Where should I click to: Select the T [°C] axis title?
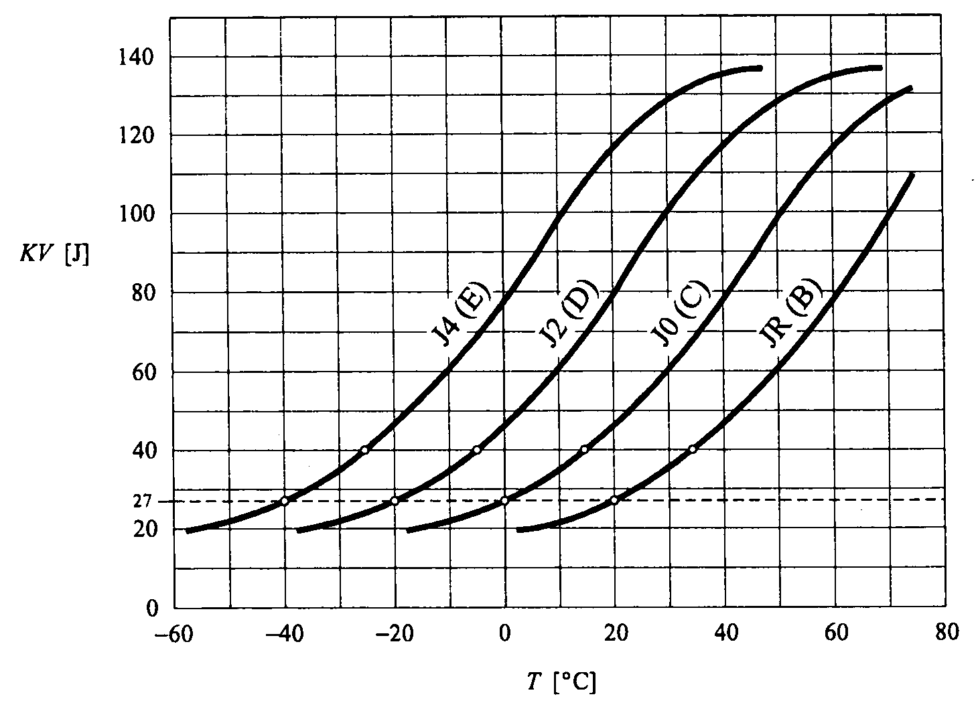click(x=561, y=682)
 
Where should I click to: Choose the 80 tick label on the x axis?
click(x=945, y=633)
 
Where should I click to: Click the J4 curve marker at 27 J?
click(x=285, y=501)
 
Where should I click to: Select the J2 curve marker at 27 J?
click(x=395, y=501)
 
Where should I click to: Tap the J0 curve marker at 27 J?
click(x=504, y=501)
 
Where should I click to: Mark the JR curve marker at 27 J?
click(x=614, y=500)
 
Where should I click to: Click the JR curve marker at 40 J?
click(x=693, y=449)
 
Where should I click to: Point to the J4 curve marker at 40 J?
click(x=364, y=449)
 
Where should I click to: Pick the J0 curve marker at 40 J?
click(x=584, y=449)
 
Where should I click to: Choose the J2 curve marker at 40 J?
click(x=477, y=449)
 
